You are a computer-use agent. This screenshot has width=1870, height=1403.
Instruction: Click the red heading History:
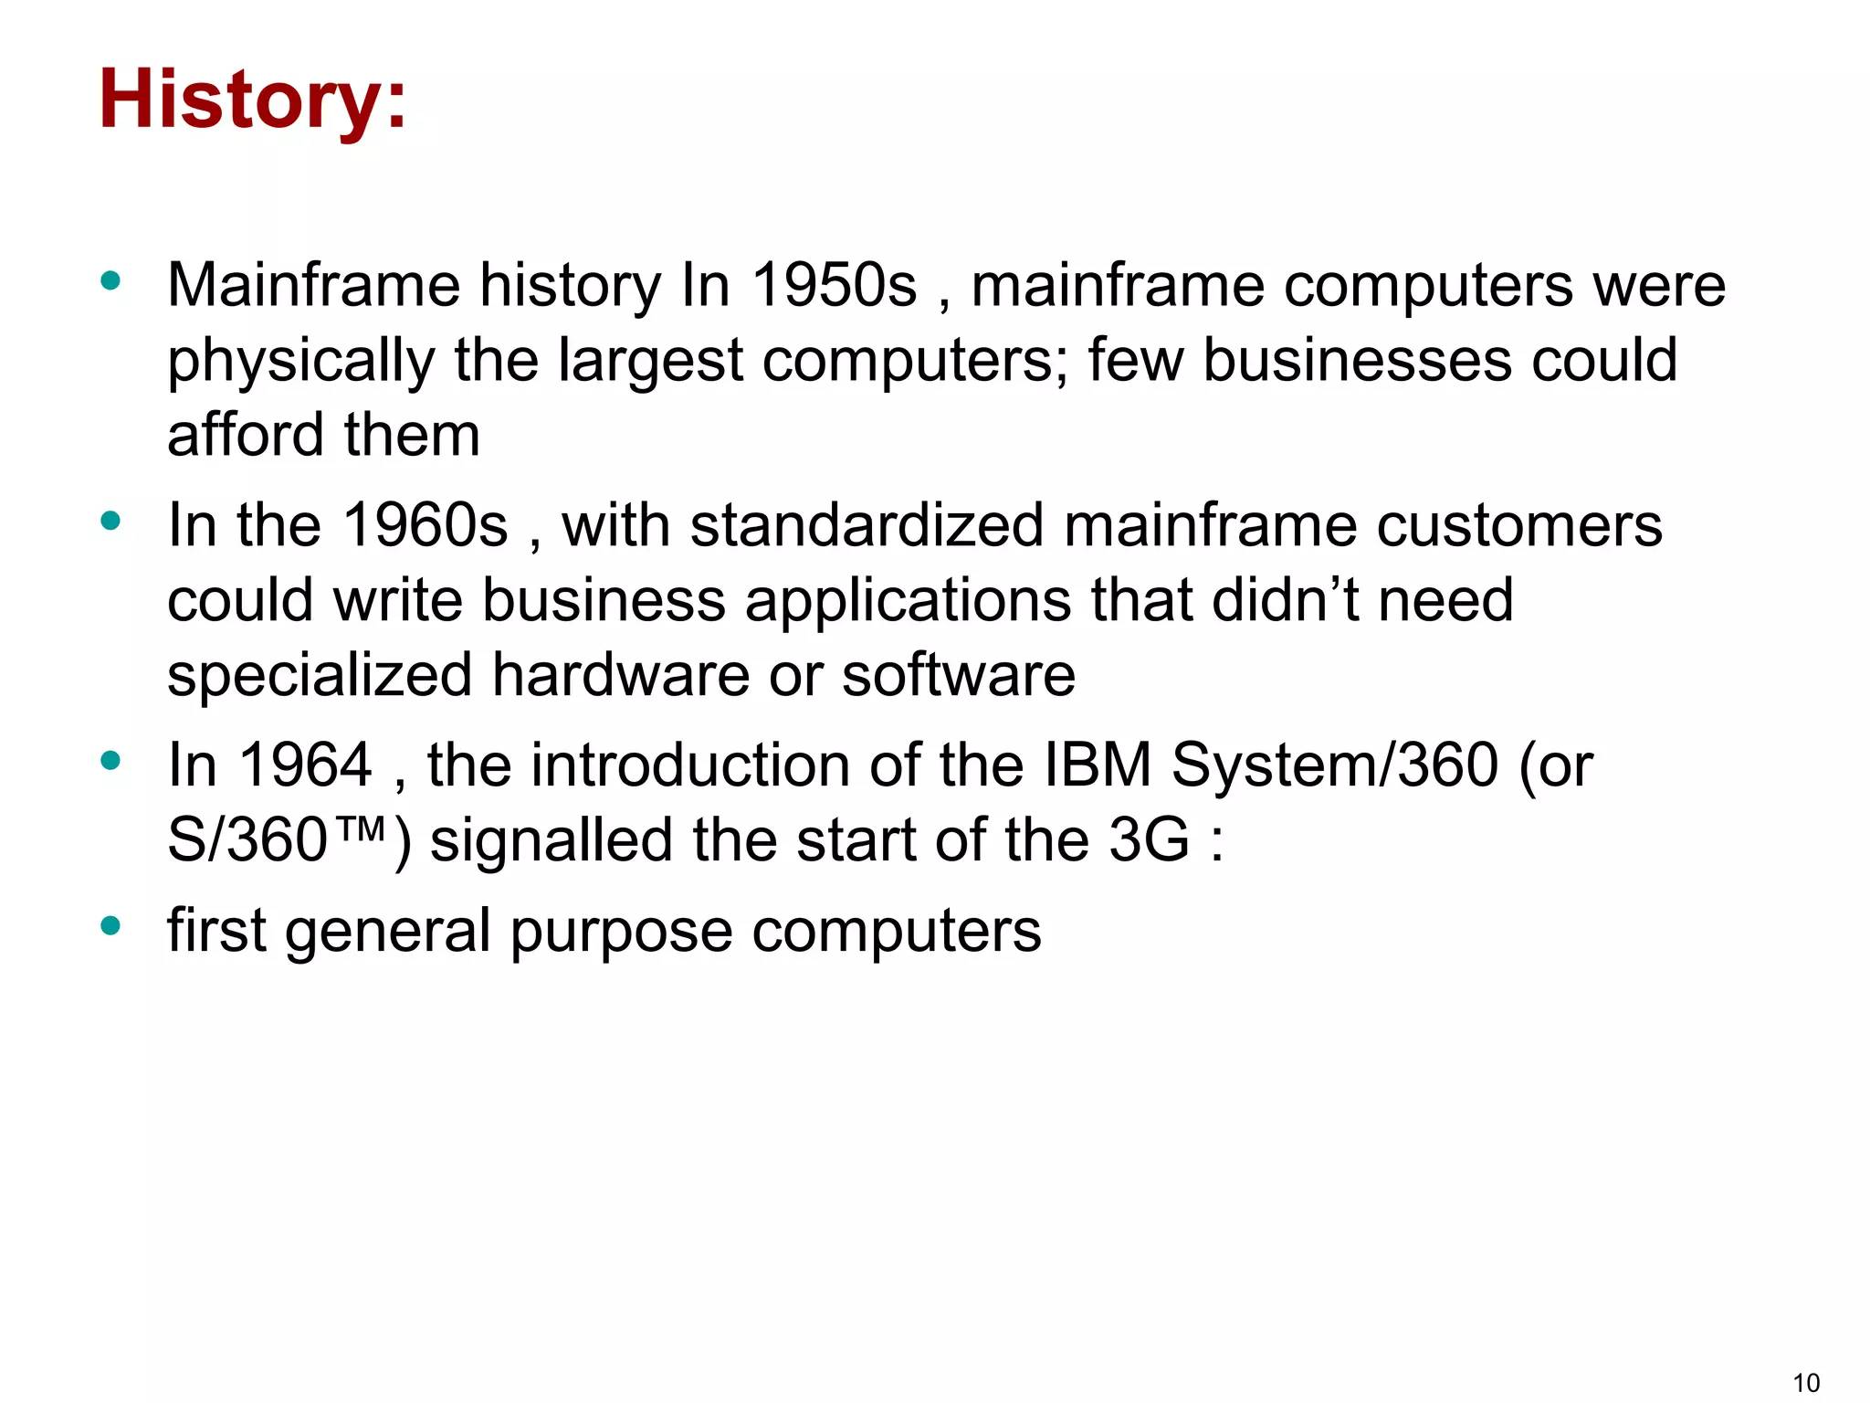coord(253,100)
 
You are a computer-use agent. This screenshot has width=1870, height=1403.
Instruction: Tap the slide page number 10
coord(1806,1383)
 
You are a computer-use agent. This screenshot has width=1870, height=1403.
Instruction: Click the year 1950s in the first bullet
coord(834,286)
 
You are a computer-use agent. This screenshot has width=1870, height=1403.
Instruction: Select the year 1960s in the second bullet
coord(425,526)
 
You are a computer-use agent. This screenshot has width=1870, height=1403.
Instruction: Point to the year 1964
coord(305,765)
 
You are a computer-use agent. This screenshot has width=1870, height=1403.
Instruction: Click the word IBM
coord(1097,765)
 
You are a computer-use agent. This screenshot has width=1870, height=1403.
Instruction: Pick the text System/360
coord(1335,765)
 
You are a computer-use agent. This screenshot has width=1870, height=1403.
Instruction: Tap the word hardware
coord(620,676)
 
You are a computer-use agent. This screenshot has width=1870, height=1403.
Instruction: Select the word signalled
coord(551,840)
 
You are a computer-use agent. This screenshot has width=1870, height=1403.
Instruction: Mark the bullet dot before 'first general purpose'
coord(110,926)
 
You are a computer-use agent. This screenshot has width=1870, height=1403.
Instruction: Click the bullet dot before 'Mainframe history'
coord(110,280)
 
